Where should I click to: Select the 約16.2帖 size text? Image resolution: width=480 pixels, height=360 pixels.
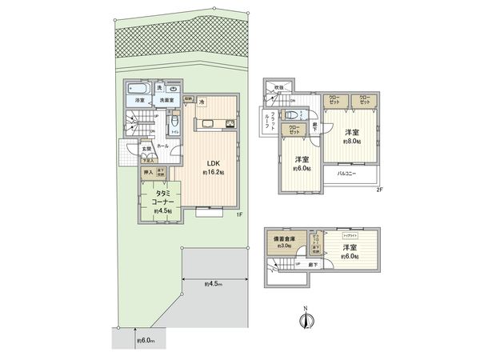212,173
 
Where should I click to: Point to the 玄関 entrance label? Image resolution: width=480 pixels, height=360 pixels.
146,148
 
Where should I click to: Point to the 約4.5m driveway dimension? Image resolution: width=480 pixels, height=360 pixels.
213,283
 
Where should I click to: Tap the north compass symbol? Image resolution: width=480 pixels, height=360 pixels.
303,321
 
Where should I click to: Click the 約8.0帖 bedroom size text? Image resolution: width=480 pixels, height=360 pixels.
354,141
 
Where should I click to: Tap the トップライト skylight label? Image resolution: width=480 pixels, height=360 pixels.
350,238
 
